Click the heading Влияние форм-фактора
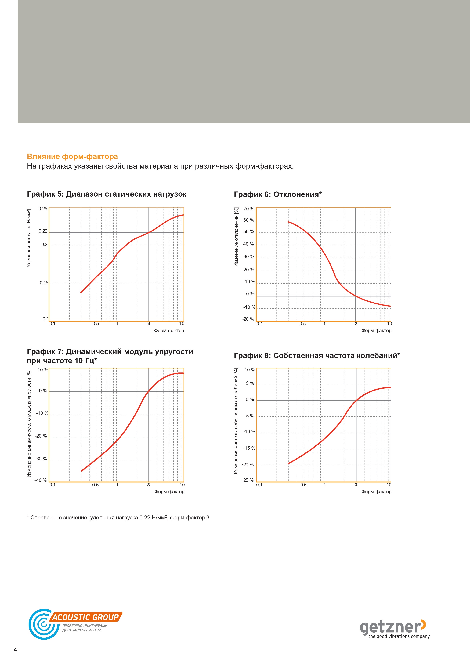(72, 157)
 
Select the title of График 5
(107, 194)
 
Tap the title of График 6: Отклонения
(278, 194)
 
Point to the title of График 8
(317, 355)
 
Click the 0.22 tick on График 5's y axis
(43, 231)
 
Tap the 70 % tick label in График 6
(249, 209)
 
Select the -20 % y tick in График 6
(248, 319)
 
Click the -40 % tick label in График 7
(41, 480)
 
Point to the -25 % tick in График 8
(248, 480)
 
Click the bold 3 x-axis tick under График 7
(149, 485)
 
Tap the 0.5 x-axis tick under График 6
(303, 324)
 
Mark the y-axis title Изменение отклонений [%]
(236, 237)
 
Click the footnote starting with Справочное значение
(118, 518)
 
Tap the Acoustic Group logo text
(86, 617)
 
